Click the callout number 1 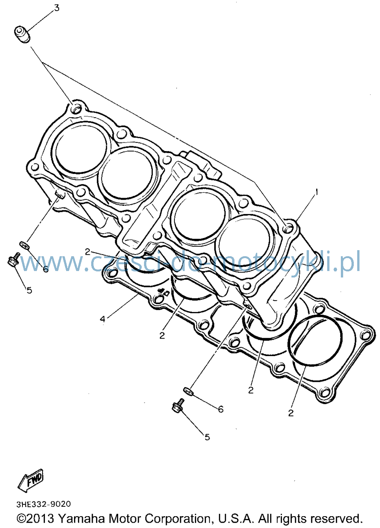317,192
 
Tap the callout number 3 56,8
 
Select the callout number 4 102,319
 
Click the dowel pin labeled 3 22,35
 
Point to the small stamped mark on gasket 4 163,292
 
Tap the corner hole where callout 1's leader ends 288,228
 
